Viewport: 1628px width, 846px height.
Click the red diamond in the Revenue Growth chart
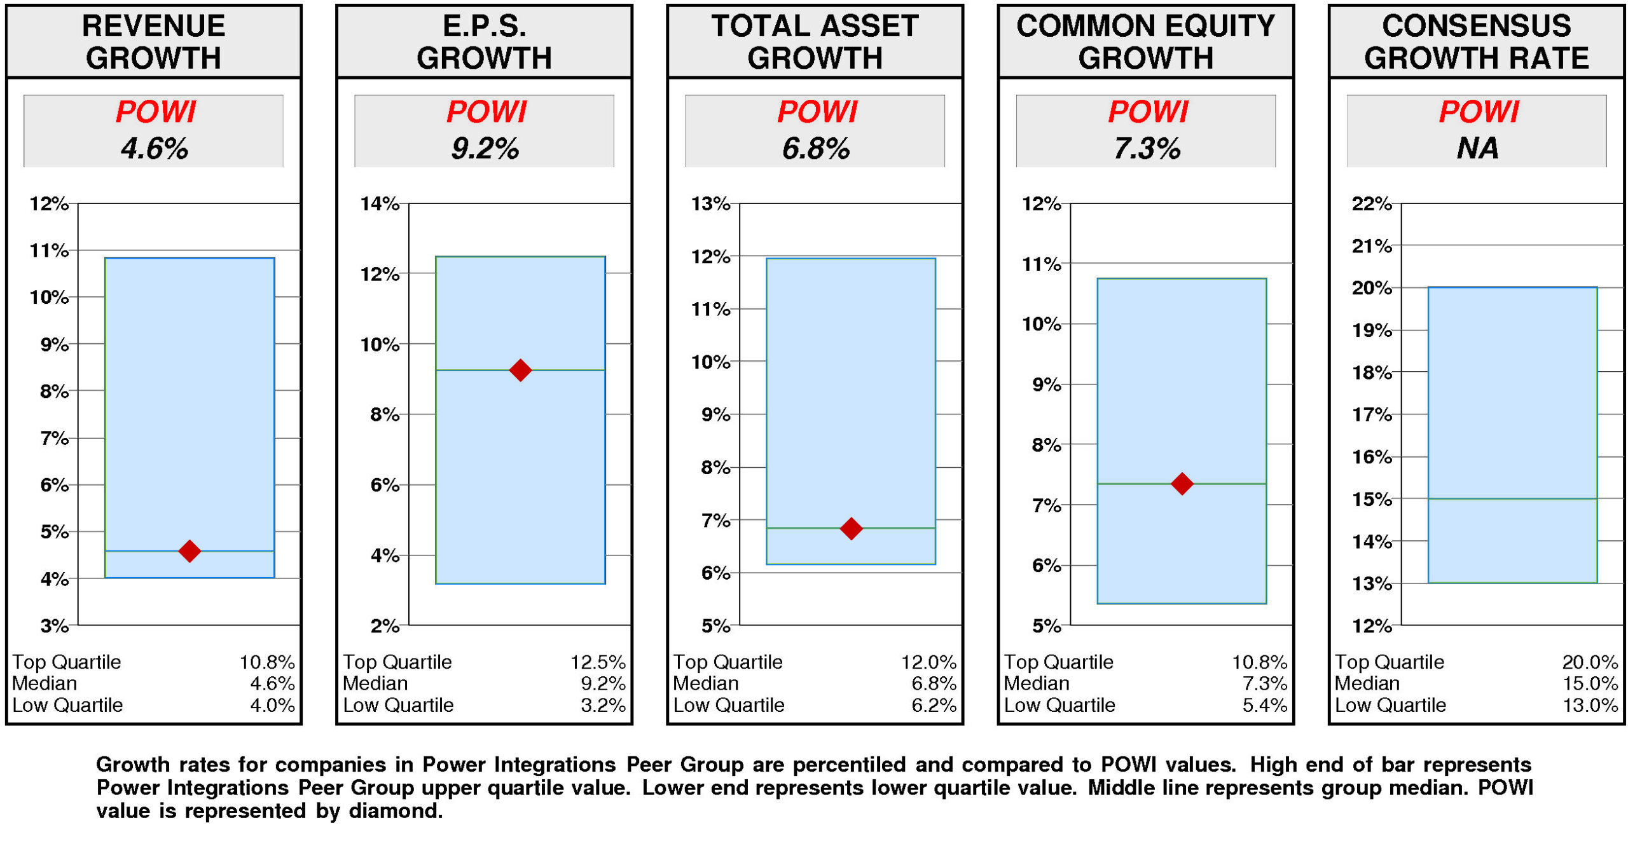tap(190, 550)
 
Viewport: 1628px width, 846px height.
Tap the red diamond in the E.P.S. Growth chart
tap(520, 370)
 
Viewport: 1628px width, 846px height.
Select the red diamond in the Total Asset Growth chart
tap(851, 528)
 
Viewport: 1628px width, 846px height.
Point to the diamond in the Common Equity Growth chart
tap(1182, 484)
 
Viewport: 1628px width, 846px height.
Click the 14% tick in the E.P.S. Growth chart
tap(380, 204)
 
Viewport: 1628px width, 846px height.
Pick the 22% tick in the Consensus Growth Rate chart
tap(1372, 204)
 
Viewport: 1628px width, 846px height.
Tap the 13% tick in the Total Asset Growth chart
tap(710, 204)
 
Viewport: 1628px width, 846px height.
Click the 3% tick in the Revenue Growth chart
tap(55, 625)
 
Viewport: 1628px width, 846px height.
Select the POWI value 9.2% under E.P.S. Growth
tap(485, 148)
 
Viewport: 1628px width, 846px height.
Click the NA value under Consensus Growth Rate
tap(1477, 148)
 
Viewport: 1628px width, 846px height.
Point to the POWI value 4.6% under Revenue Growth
tap(154, 148)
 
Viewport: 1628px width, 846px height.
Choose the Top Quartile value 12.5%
tap(597, 662)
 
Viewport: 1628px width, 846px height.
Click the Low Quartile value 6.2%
tap(934, 705)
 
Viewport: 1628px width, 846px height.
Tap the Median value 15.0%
tap(1590, 683)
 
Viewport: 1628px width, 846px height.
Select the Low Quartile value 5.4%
tap(1264, 705)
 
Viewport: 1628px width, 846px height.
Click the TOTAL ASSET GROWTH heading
tap(815, 42)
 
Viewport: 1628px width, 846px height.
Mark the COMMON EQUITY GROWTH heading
tap(1145, 42)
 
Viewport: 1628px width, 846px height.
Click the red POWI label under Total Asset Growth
tap(817, 112)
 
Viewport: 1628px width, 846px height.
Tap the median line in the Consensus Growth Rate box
tap(1512, 498)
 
